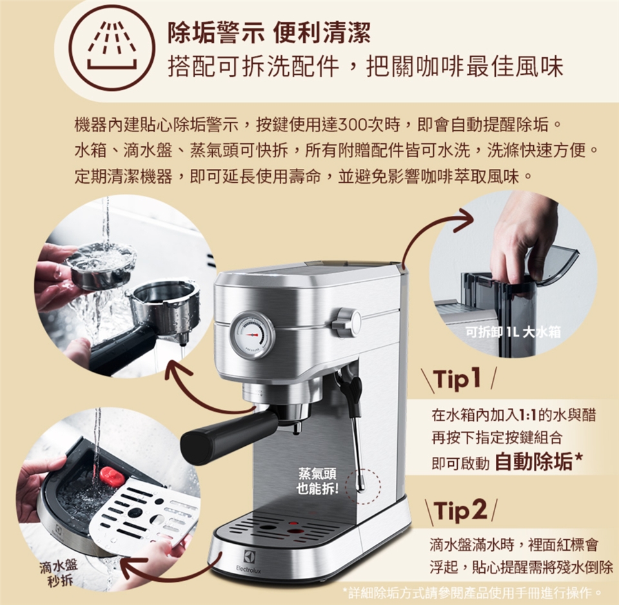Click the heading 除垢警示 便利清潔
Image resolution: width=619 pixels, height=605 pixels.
click(x=270, y=33)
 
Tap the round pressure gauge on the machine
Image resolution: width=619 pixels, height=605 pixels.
click(x=252, y=334)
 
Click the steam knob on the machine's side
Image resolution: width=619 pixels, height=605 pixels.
click(x=346, y=322)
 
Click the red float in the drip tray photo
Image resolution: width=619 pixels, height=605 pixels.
click(x=112, y=475)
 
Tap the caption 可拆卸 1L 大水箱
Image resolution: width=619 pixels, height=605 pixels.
click(x=513, y=332)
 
